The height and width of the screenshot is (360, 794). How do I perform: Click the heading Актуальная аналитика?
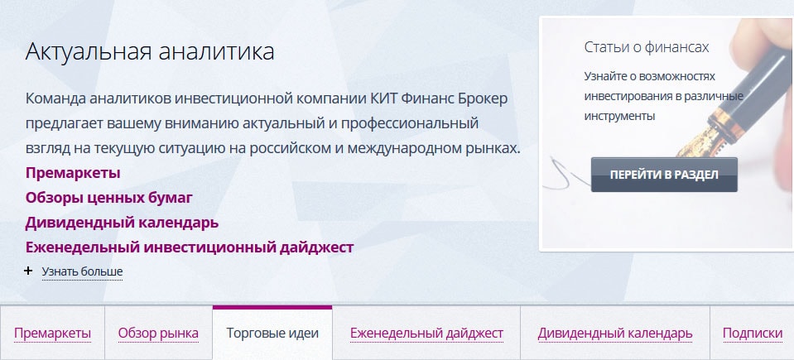pyautogui.click(x=150, y=52)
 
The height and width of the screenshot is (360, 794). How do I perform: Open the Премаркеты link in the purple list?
pyautogui.click(x=73, y=173)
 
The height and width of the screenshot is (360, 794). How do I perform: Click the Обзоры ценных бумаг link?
pyautogui.click(x=108, y=198)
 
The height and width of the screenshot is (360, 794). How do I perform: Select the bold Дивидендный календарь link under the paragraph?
pyautogui.click(x=122, y=223)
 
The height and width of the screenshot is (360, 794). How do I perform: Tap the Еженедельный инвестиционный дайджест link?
pyautogui.click(x=190, y=247)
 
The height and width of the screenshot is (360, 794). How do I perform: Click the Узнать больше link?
pyautogui.click(x=82, y=271)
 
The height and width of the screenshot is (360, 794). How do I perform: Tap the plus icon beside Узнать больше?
pyautogui.click(x=29, y=271)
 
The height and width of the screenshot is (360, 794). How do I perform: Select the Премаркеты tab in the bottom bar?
pyautogui.click(x=52, y=334)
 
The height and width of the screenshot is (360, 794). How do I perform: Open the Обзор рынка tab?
pyautogui.click(x=158, y=334)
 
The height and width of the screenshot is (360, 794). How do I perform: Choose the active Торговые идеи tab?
pyautogui.click(x=272, y=334)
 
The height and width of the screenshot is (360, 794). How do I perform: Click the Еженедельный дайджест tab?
pyautogui.click(x=426, y=334)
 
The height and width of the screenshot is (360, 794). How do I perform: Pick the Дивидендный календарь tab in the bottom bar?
pyautogui.click(x=614, y=334)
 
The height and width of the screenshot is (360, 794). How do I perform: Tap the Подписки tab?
pyautogui.click(x=752, y=334)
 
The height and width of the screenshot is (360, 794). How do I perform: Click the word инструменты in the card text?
pyautogui.click(x=619, y=117)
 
